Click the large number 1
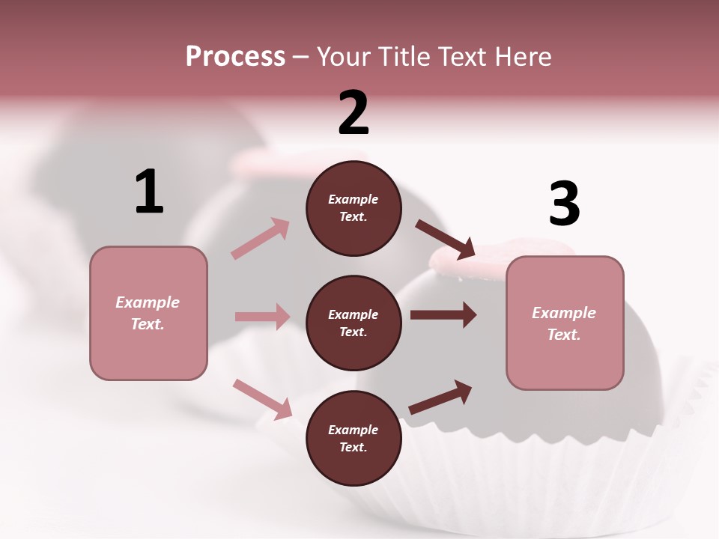pyautogui.click(x=149, y=192)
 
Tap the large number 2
pyautogui.click(x=354, y=113)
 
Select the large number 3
pyautogui.click(x=564, y=204)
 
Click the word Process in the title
pyautogui.click(x=235, y=56)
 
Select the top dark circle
pyautogui.click(x=354, y=208)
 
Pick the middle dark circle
pyautogui.click(x=354, y=323)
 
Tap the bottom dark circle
pyautogui.click(x=354, y=438)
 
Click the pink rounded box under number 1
pyautogui.click(x=148, y=313)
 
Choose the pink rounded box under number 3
pyautogui.click(x=564, y=323)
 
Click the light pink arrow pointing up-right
pyautogui.click(x=261, y=238)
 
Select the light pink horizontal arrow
pyautogui.click(x=262, y=317)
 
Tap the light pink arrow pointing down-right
pyautogui.click(x=262, y=399)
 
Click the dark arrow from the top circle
pyautogui.click(x=446, y=240)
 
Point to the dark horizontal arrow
pyautogui.click(x=443, y=315)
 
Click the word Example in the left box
pyautogui.click(x=148, y=302)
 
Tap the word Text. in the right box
pyautogui.click(x=564, y=335)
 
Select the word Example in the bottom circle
pyautogui.click(x=354, y=430)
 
